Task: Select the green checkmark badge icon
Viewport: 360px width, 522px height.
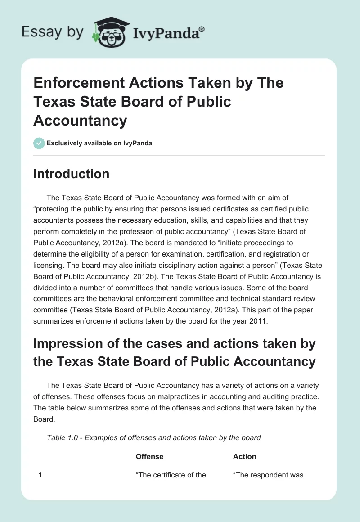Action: coord(39,143)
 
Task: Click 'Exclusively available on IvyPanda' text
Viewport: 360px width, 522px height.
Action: coord(99,144)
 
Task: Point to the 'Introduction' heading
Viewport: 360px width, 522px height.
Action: coord(71,174)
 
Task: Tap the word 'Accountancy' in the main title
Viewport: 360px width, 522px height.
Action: coord(80,121)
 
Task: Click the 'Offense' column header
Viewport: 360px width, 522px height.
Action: coord(149,456)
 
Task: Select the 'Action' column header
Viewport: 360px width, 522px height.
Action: coord(244,456)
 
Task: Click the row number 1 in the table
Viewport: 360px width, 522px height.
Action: coord(40,475)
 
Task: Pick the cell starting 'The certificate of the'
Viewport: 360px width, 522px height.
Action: coord(171,475)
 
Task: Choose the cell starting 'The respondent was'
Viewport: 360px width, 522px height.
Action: coord(268,475)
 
